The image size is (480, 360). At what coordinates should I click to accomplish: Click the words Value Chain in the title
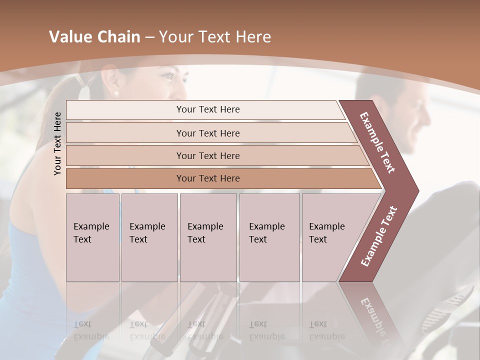[94, 37]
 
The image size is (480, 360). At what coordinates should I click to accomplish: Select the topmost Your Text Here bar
[208, 109]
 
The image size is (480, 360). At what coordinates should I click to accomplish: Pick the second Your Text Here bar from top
[208, 133]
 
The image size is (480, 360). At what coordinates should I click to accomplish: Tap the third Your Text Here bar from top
[208, 155]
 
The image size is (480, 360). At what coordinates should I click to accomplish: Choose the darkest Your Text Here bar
[208, 178]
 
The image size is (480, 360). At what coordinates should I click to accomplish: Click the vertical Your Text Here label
[57, 143]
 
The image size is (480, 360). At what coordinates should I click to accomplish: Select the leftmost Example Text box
[92, 237]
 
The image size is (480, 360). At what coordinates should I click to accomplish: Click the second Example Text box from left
[149, 237]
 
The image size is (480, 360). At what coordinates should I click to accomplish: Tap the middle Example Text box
[208, 237]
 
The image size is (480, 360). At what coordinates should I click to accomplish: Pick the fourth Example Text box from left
[269, 237]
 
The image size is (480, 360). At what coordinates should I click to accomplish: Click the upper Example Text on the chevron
[378, 142]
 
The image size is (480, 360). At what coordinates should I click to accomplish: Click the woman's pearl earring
[116, 93]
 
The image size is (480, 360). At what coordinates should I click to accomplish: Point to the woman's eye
[169, 76]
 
